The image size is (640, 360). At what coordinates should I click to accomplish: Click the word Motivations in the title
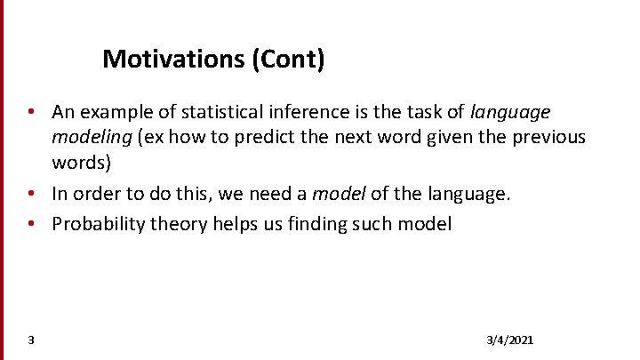(x=174, y=60)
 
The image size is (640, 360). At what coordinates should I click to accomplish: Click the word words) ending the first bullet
(x=81, y=163)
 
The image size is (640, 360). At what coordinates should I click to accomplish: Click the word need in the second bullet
(x=266, y=194)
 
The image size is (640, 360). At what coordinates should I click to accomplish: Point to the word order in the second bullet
(x=99, y=194)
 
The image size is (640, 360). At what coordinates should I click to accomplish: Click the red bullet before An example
(x=30, y=113)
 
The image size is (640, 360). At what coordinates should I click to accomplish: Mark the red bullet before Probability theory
(x=30, y=224)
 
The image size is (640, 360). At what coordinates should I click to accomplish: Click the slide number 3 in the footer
(x=31, y=340)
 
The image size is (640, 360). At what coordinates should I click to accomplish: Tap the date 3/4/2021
(x=510, y=340)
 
